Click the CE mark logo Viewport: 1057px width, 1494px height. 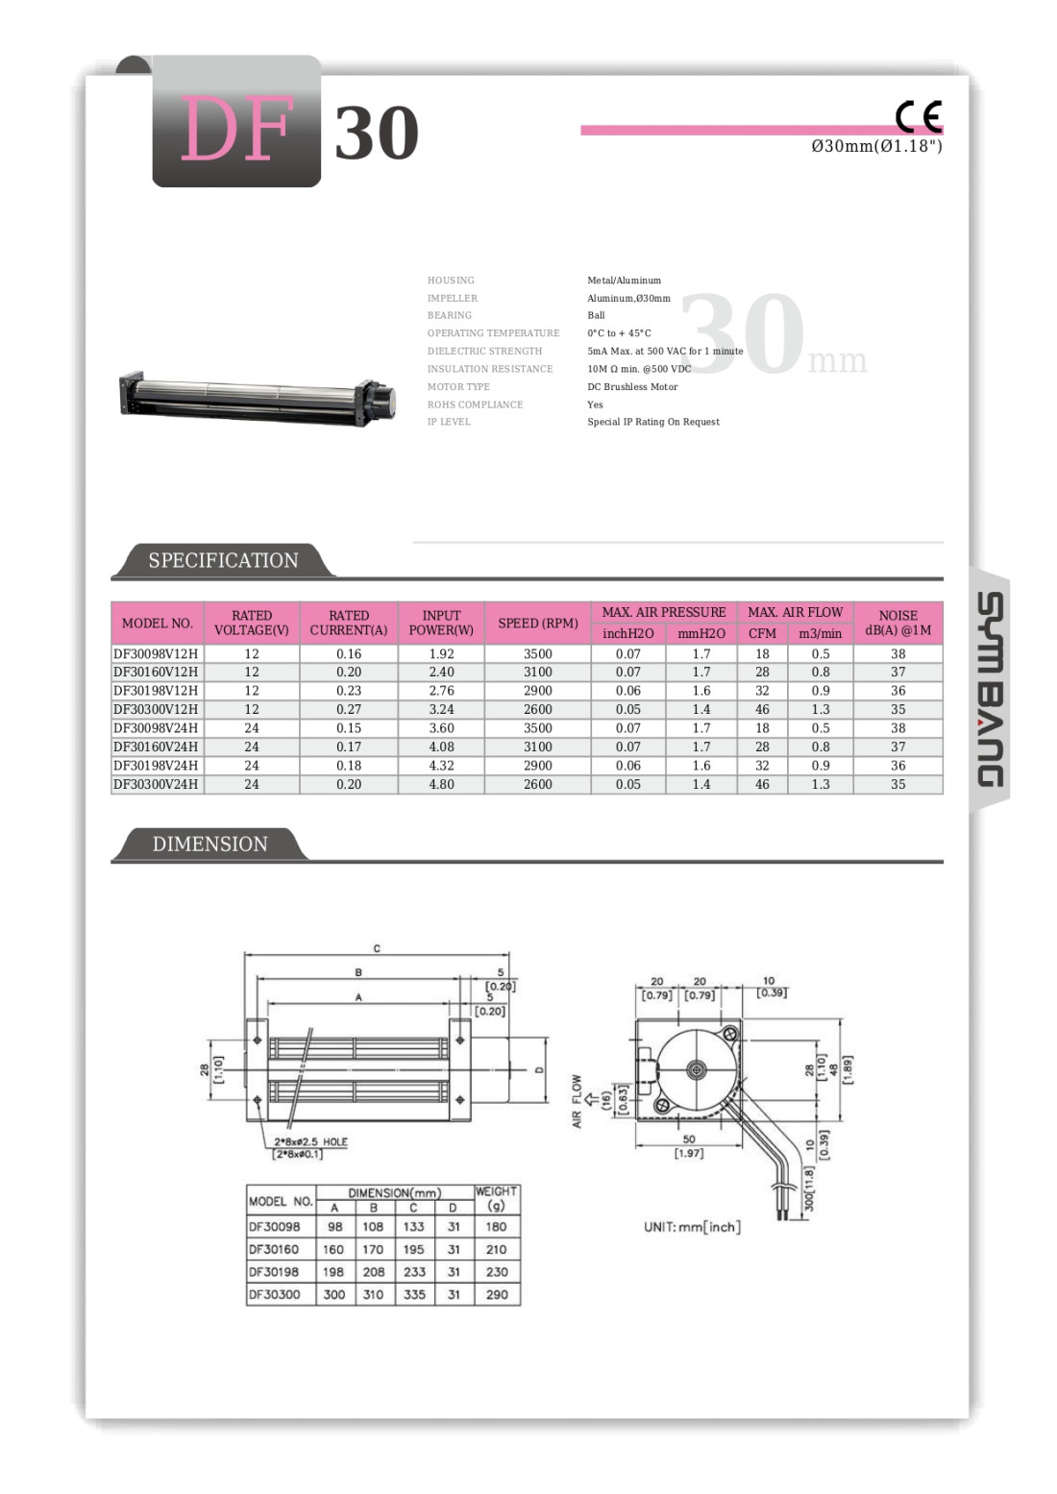[x=919, y=116]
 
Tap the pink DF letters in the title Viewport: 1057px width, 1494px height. [x=235, y=130]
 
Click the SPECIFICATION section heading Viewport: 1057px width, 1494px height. [x=223, y=560]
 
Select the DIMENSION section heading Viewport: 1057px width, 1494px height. [x=209, y=844]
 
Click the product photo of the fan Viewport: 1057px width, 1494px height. [x=258, y=398]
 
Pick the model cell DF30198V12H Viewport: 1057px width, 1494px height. [x=156, y=691]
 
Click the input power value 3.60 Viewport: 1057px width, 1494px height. [x=441, y=728]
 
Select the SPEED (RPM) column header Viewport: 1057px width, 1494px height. [x=537, y=623]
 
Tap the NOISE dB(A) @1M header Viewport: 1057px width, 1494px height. [x=897, y=623]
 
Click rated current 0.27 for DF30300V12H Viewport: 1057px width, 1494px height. [x=349, y=709]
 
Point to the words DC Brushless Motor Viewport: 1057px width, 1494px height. [x=632, y=387]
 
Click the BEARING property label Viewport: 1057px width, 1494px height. [x=450, y=315]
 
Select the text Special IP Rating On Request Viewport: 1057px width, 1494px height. [x=653, y=422]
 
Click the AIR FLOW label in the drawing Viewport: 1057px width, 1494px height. [x=577, y=1101]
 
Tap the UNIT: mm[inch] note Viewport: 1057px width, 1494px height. [x=692, y=1227]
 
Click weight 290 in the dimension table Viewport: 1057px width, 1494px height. [x=497, y=1294]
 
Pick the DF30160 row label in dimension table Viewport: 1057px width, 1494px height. [x=274, y=1249]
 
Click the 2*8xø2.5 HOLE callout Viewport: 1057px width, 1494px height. [x=310, y=1142]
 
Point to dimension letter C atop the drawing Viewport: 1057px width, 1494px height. [x=377, y=948]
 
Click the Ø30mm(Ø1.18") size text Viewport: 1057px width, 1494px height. [x=876, y=146]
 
